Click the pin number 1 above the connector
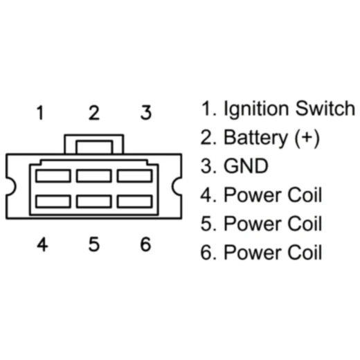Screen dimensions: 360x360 tap(41, 113)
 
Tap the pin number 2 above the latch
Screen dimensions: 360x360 tap(93, 113)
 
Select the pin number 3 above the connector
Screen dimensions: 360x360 tap(145, 113)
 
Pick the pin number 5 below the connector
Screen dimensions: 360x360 tap(93, 244)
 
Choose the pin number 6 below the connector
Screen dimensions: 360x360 tap(145, 244)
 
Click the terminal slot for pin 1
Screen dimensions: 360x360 tap(53, 176)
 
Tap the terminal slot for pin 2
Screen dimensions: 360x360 tap(94, 176)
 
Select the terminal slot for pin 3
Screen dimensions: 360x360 tap(135, 176)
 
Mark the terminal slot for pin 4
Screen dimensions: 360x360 tap(53, 201)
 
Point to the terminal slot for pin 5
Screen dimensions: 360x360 tap(94, 201)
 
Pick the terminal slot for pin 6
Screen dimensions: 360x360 tap(135, 201)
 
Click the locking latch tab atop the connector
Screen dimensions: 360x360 tap(94, 145)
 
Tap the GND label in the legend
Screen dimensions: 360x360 tap(245, 166)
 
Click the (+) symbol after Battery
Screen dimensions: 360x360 tap(306, 138)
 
